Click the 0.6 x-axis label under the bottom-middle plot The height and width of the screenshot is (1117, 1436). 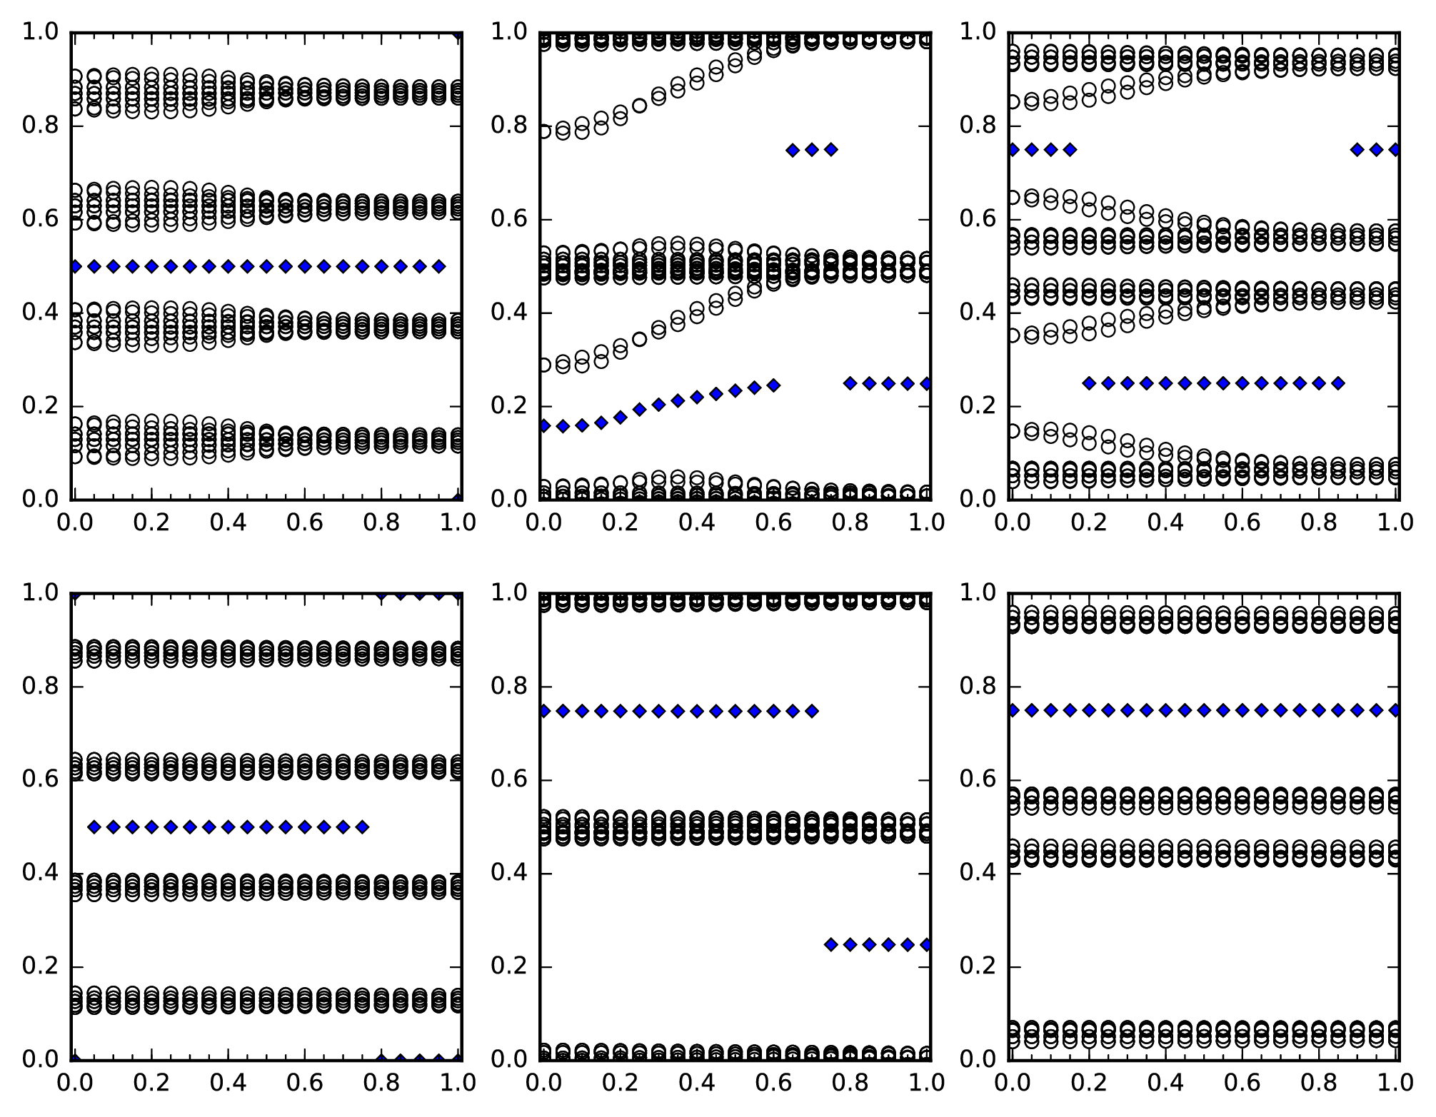(773, 1083)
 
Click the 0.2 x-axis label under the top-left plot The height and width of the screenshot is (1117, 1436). (151, 522)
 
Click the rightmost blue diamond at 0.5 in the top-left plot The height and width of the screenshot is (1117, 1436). (439, 266)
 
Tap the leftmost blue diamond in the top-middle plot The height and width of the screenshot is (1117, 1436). (544, 426)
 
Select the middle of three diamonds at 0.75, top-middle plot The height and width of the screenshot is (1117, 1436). (812, 150)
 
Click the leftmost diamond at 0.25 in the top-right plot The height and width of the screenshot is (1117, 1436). (1089, 383)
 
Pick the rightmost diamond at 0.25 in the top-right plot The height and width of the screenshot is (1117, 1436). (1338, 383)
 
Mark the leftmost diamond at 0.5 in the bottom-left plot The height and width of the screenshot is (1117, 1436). (94, 827)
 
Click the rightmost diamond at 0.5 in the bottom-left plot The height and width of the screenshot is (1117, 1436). (362, 827)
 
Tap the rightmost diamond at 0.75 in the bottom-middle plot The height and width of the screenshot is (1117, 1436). (812, 711)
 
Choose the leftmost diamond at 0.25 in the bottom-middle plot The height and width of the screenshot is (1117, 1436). (831, 944)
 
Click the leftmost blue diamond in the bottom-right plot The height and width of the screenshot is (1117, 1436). (1013, 710)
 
